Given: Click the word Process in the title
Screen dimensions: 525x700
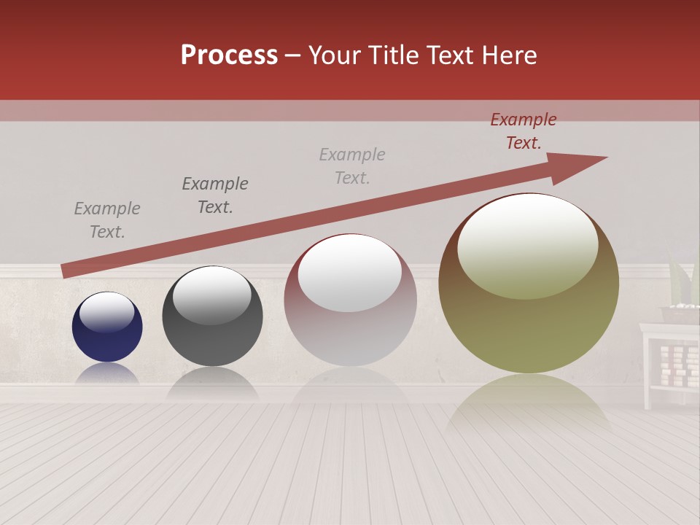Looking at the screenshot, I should coord(229,55).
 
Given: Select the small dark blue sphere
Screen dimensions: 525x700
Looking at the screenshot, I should coord(107,327).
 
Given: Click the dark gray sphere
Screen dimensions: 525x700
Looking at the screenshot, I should coord(212,316).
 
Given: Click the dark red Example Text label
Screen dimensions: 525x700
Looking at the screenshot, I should coord(523,131).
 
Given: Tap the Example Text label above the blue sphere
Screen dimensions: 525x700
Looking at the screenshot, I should coord(107,219).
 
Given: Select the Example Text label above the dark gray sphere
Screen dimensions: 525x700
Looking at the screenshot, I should coord(214,195).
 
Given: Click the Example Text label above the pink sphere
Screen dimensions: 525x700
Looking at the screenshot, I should coord(352,166).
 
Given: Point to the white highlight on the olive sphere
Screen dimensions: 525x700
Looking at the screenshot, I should coord(527,244).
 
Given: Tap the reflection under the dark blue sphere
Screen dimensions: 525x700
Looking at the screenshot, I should coord(107,373).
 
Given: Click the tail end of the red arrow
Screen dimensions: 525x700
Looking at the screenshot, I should coord(67,271).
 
